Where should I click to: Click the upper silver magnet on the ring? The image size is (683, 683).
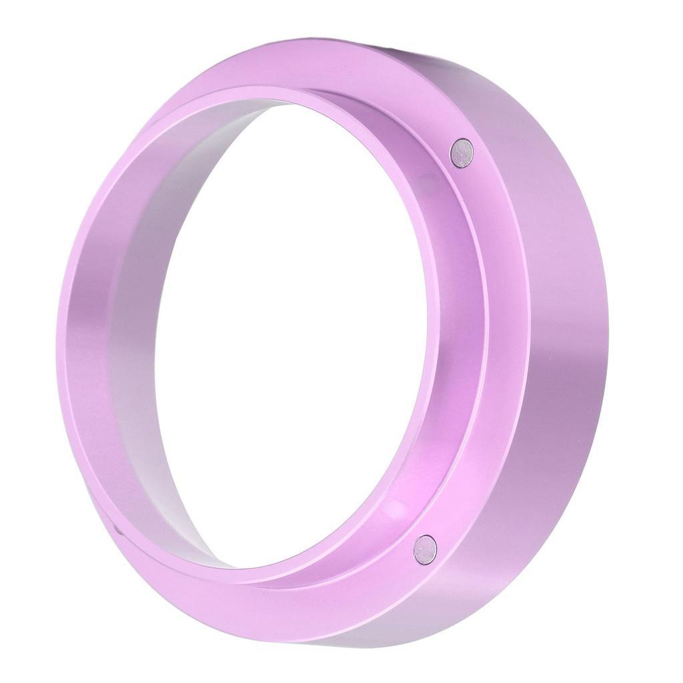click(x=461, y=152)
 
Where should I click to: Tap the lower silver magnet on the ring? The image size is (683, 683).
click(x=424, y=549)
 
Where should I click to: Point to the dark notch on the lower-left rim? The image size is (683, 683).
click(x=118, y=530)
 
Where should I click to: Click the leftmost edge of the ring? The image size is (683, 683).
click(x=57, y=333)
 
